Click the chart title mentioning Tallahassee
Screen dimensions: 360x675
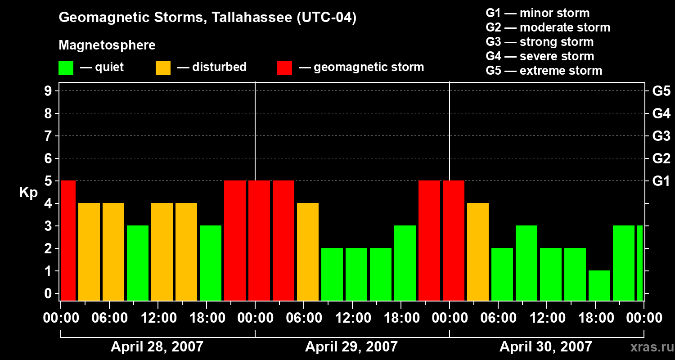point(207,18)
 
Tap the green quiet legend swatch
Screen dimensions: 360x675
point(66,68)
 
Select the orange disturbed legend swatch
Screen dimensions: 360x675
point(163,68)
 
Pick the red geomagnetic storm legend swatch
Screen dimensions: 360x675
point(284,68)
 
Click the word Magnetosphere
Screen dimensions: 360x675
point(107,45)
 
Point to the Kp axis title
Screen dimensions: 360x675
point(28,193)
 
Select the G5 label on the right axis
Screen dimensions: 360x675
point(661,91)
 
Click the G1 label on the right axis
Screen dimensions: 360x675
point(661,181)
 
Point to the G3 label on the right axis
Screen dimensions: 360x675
point(661,136)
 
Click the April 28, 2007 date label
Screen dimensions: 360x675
point(157,347)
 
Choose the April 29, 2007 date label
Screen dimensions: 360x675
point(351,347)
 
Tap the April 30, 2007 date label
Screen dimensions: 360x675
point(546,347)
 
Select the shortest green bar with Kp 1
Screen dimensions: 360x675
point(599,285)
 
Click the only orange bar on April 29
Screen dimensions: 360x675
point(308,252)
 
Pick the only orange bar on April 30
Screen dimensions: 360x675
point(478,252)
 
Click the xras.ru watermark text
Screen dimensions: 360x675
point(649,347)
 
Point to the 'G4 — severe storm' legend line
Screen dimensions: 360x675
point(540,56)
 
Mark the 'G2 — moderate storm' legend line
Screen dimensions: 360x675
point(548,27)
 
